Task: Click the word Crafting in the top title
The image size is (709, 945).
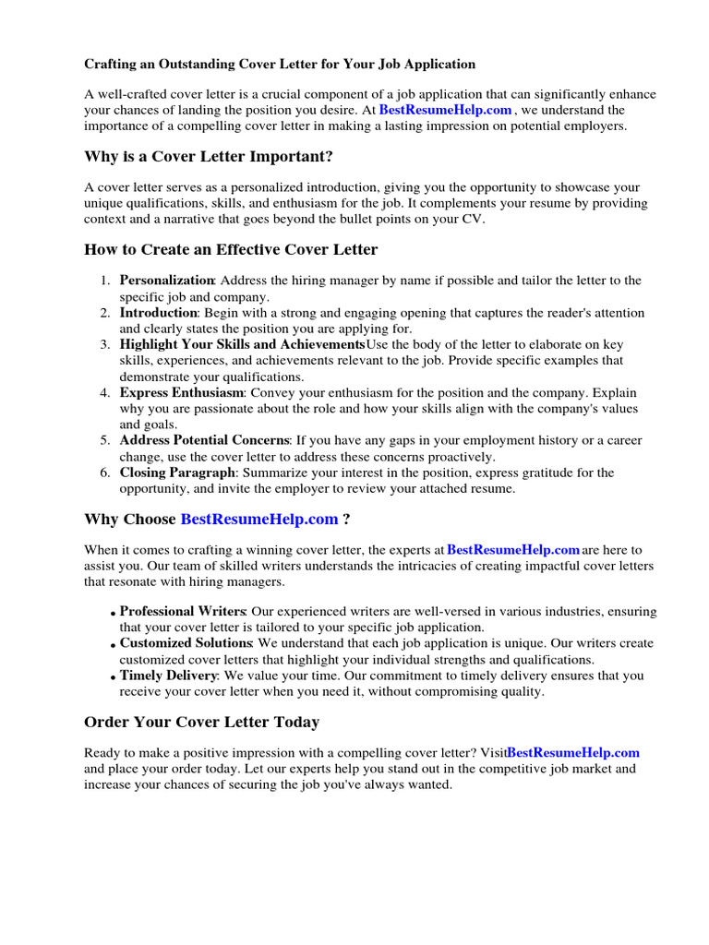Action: click(111, 65)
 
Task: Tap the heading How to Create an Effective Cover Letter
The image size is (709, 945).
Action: click(231, 249)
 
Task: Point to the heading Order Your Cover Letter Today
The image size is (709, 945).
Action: click(202, 722)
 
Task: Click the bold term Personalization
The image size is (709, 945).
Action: click(166, 281)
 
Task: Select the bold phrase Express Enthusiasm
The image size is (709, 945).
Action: click(181, 392)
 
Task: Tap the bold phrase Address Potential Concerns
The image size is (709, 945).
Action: click(204, 441)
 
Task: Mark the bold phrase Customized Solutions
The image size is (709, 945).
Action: click(186, 643)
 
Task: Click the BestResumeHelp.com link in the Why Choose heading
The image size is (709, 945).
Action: click(259, 520)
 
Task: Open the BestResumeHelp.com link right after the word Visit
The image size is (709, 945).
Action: click(573, 753)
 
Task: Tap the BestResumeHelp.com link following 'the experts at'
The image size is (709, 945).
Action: click(512, 550)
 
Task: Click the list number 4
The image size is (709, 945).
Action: click(104, 392)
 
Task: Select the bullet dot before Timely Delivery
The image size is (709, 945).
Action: click(113, 677)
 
